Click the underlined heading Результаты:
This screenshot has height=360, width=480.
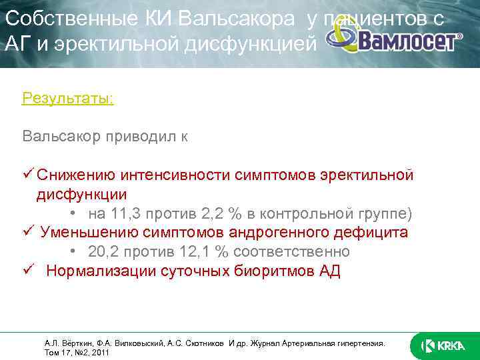click(67, 99)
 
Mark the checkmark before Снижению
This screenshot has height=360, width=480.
click(27, 175)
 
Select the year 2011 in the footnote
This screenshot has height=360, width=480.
click(100, 353)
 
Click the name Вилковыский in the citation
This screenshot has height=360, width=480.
click(135, 343)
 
